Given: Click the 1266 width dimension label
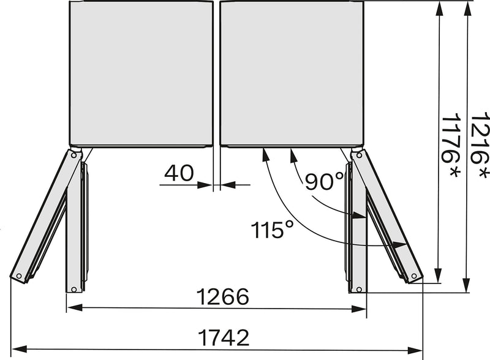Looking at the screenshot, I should [222, 297].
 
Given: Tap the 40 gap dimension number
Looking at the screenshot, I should [179, 173].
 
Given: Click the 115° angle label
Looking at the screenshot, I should [273, 230].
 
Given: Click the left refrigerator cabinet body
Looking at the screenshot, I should [141, 73].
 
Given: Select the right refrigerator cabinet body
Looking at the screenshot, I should [292, 73].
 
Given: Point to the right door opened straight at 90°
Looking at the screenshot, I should [358, 227].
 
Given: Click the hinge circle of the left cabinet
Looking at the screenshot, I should [75, 155].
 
